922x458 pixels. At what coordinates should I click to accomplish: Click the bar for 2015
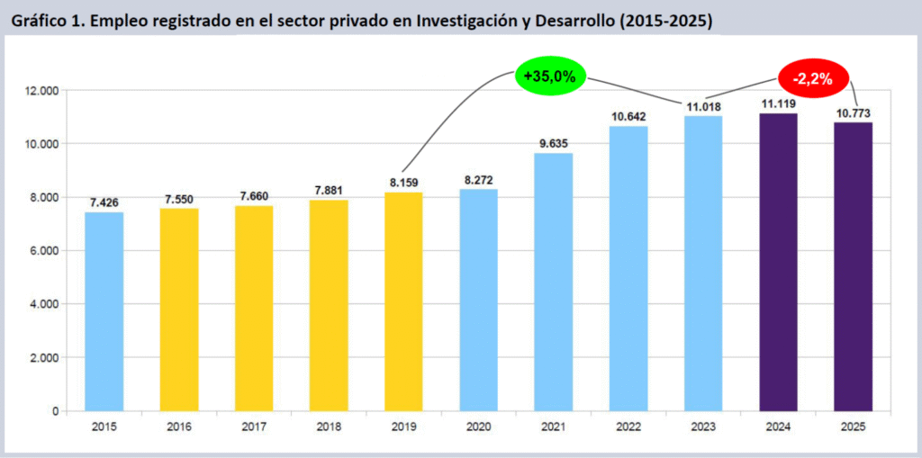104,311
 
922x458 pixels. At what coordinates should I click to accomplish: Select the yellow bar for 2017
254,308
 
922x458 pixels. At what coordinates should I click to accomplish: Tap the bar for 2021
553,282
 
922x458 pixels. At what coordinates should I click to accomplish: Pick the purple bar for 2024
778,262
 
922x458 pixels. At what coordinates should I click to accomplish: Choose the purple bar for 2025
853,266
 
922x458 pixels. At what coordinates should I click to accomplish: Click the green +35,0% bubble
549,76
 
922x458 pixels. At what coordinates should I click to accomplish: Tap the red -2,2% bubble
811,79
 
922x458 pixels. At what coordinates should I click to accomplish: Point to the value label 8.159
403,183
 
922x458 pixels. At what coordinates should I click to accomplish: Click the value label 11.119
778,103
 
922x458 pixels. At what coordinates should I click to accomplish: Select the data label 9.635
553,143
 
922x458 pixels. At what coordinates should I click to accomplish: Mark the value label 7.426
104,202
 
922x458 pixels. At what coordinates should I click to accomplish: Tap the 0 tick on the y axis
55,411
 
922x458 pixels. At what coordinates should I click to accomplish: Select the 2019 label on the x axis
403,428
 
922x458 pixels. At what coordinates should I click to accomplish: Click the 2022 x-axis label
628,428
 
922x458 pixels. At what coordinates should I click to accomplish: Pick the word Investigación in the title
466,21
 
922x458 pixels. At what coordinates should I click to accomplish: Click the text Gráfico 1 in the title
46,21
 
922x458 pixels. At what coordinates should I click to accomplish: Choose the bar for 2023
702,263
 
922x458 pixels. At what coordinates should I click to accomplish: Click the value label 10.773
853,113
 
